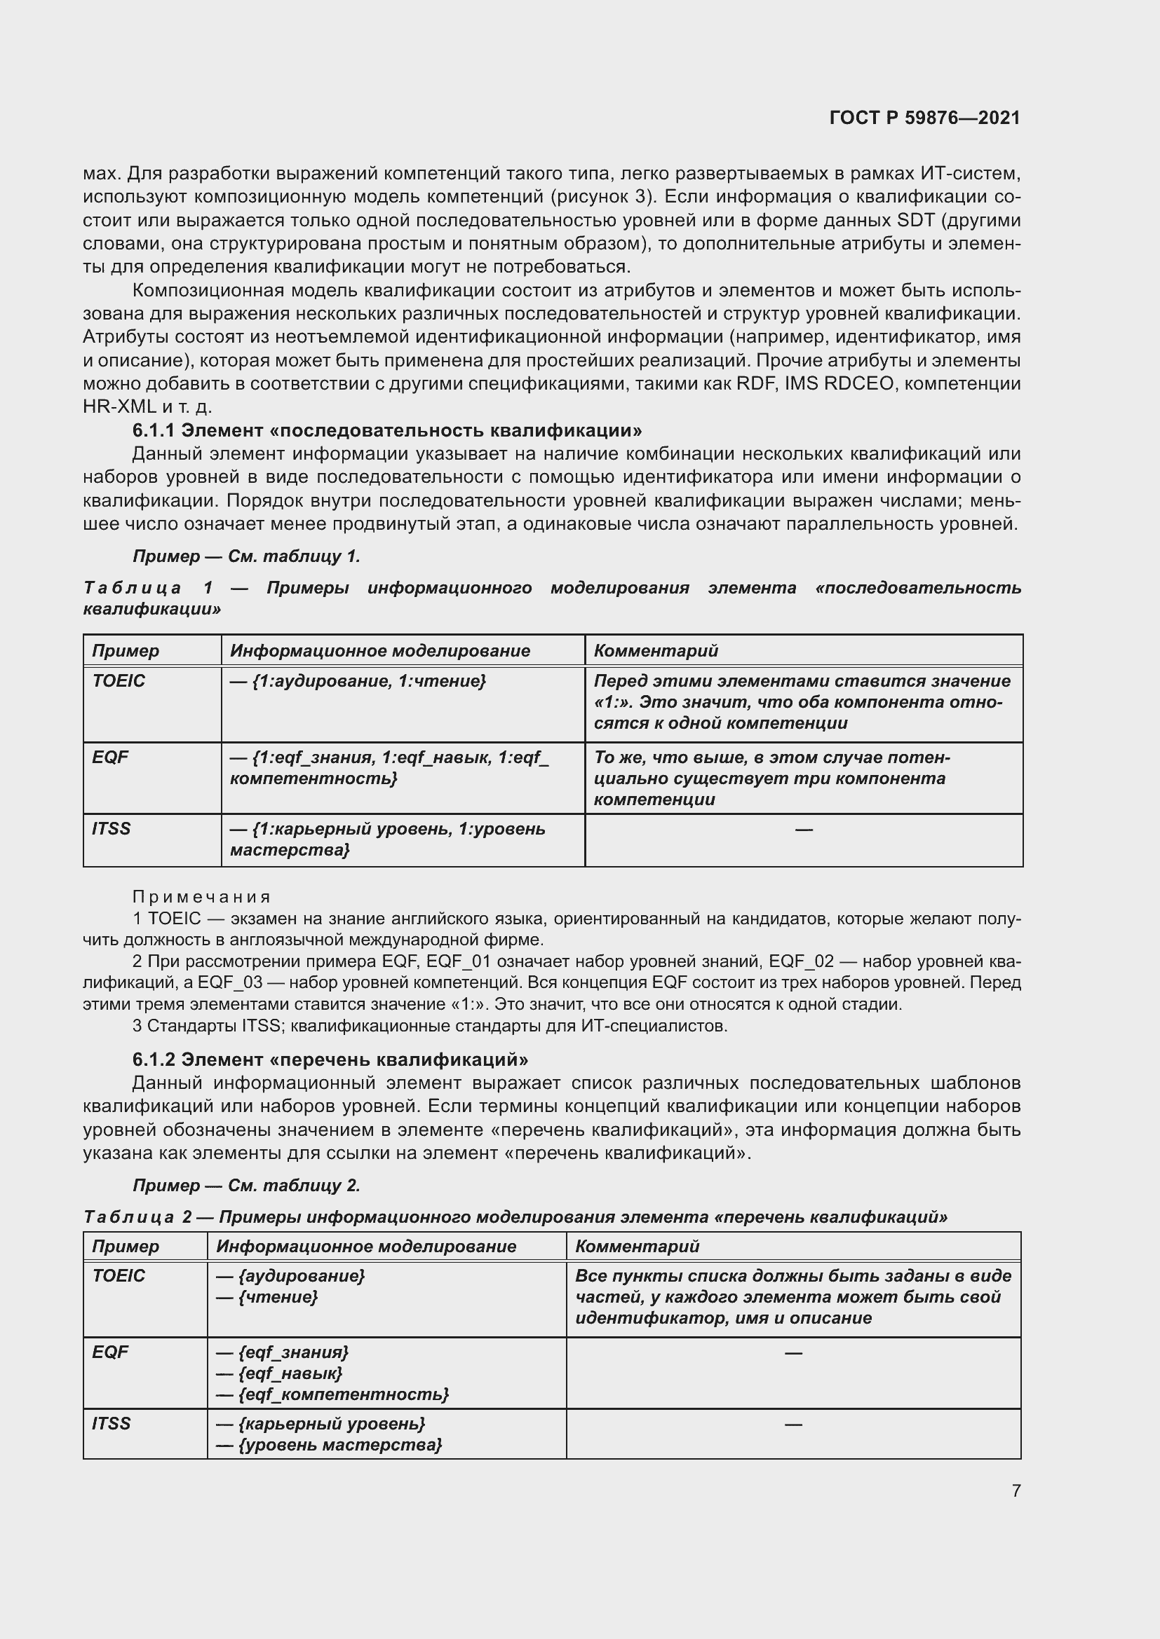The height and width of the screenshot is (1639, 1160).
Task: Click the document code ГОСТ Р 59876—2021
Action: click(x=924, y=118)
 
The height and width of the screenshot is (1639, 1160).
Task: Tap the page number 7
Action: click(x=1016, y=1490)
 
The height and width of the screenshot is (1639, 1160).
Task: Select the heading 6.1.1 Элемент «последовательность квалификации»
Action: click(x=386, y=430)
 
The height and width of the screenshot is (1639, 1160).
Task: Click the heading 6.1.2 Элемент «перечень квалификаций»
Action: click(x=330, y=1059)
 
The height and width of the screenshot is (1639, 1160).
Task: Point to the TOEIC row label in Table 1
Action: click(x=119, y=681)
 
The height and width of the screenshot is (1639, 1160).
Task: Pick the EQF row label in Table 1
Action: click(x=110, y=757)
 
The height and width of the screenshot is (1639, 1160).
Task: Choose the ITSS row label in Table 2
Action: click(x=112, y=1423)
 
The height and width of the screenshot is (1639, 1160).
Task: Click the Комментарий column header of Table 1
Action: click(x=656, y=650)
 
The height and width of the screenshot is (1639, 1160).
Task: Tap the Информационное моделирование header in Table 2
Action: click(x=365, y=1247)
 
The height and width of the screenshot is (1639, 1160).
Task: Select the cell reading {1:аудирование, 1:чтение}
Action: click(x=357, y=681)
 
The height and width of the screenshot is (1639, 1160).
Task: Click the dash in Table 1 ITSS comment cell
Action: click(x=804, y=829)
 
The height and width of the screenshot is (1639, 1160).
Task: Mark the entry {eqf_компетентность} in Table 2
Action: click(x=333, y=1394)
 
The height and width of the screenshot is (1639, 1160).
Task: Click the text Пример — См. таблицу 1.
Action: click(x=246, y=556)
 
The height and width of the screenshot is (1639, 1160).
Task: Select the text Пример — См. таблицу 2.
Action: click(x=246, y=1185)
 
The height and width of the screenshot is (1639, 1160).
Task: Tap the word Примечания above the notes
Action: click(x=201, y=897)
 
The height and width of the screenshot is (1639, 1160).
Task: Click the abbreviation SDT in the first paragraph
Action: click(x=916, y=221)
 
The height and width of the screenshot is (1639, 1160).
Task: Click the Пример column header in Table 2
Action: click(x=126, y=1247)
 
